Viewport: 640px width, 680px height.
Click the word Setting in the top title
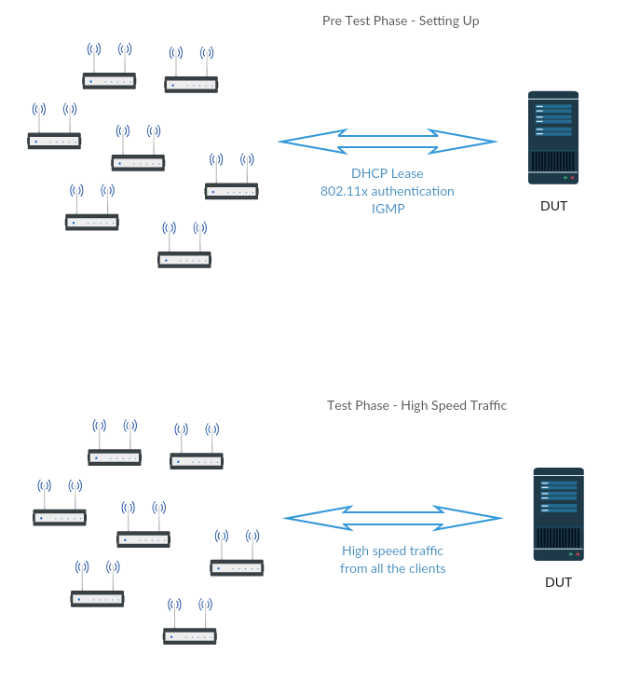tap(439, 21)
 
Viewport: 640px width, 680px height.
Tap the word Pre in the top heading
tap(332, 20)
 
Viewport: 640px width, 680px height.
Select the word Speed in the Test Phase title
tap(449, 406)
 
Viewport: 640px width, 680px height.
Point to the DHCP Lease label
tap(388, 173)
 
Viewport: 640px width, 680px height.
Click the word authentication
tap(413, 191)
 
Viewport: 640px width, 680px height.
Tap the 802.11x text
tap(344, 191)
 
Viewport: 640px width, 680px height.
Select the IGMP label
tap(388, 209)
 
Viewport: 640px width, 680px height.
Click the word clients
tap(426, 568)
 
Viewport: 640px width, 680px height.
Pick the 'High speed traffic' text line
tap(392, 551)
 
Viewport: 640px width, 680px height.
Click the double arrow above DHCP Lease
tap(388, 142)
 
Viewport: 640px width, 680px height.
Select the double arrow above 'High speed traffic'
tap(393, 518)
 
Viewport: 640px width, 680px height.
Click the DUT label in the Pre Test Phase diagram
tap(553, 206)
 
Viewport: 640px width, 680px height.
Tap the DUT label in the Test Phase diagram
tap(558, 582)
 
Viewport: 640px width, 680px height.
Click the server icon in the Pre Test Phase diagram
tap(553, 138)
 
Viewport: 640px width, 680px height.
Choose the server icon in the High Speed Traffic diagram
tap(558, 514)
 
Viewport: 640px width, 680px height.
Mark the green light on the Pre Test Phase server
tap(565, 178)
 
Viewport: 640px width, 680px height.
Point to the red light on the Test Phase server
tap(578, 554)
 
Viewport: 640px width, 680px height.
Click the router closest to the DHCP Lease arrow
tap(232, 176)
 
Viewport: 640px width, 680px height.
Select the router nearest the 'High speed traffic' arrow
tap(237, 552)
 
